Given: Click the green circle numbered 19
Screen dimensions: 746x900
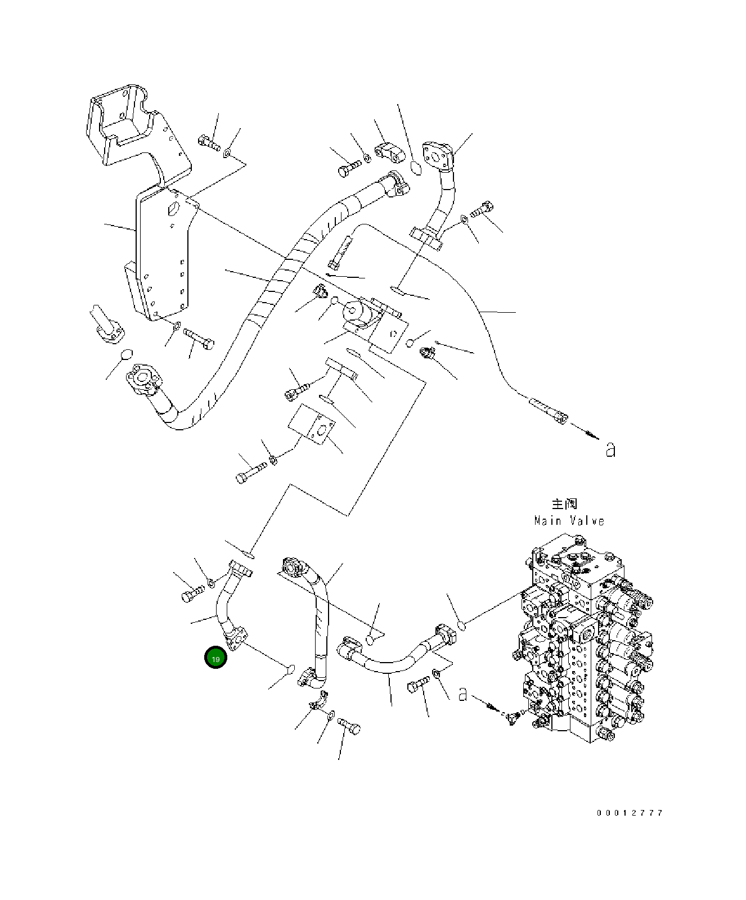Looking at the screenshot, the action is click(215, 658).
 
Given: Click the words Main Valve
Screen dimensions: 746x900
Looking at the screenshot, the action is click(569, 521).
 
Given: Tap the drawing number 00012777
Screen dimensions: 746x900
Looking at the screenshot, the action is click(630, 813).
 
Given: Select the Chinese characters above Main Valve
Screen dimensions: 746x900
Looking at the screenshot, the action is click(564, 504).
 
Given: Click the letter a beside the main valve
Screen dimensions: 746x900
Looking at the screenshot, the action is click(462, 694).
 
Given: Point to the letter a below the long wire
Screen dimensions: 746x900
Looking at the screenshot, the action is click(610, 449).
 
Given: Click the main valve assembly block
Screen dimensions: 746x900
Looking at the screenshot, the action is click(585, 641).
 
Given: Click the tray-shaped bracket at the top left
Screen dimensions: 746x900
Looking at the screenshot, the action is click(135, 127).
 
